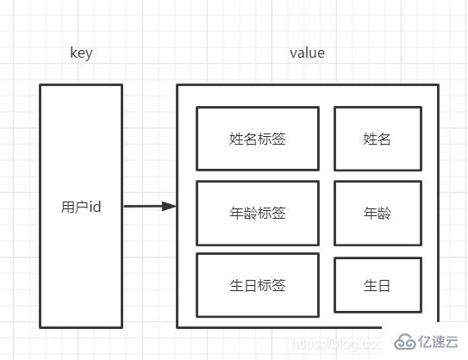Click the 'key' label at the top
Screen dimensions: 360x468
pos(81,53)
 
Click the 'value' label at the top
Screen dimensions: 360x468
pos(307,53)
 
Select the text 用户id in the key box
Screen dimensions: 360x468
pos(81,207)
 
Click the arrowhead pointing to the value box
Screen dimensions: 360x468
pos(170,207)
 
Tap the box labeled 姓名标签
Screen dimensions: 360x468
pos(257,138)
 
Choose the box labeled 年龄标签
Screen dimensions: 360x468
pos(257,213)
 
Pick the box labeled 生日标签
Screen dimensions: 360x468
pos(257,284)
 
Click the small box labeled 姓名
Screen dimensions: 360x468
pos(378,138)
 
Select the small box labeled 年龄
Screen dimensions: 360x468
pos(378,213)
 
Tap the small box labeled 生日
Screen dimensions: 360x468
pos(378,284)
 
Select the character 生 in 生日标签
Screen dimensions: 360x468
pos(236,284)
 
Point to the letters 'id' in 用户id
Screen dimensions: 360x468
pos(96,207)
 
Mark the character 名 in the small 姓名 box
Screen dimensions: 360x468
pos(384,138)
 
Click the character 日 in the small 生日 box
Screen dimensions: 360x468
pos(384,284)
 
